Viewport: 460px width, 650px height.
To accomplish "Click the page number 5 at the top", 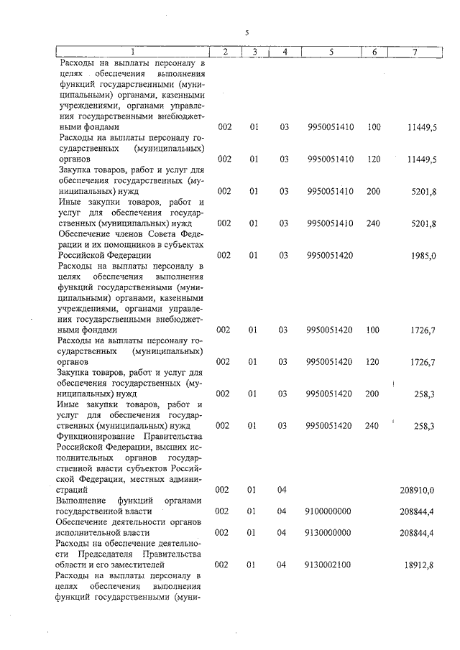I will pos(247,33).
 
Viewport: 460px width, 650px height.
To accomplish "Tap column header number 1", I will pos(132,52).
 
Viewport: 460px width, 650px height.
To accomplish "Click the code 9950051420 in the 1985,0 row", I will pos(329,254).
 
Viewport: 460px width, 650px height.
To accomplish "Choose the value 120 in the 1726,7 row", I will pos(372,361).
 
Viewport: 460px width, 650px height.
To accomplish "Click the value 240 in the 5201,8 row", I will pos(372,223).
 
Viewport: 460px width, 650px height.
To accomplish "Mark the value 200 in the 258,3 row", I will pos(372,394).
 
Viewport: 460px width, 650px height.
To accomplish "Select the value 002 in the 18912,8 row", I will pos(223,565).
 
